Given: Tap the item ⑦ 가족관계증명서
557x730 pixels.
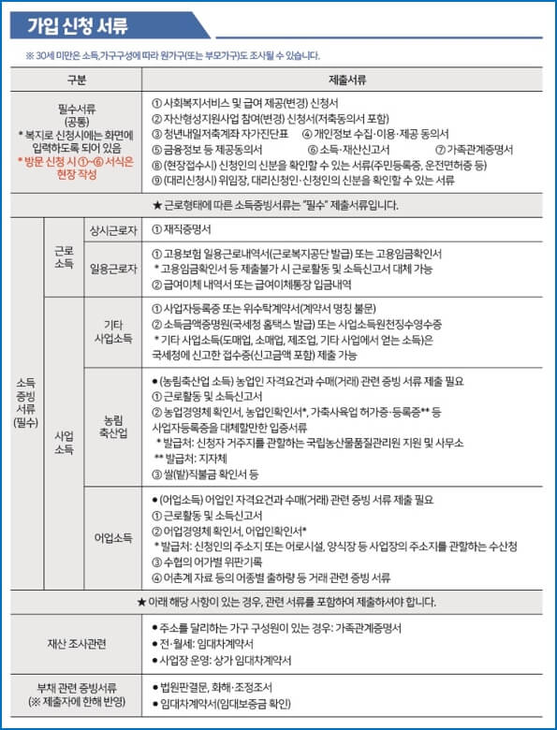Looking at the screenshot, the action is click(475, 149).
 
